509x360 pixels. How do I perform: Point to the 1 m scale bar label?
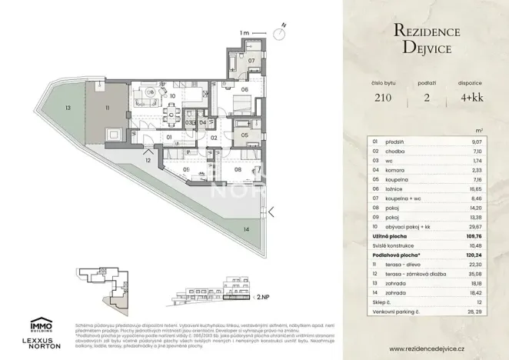point(244,33)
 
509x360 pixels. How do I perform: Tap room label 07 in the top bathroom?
point(251,59)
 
